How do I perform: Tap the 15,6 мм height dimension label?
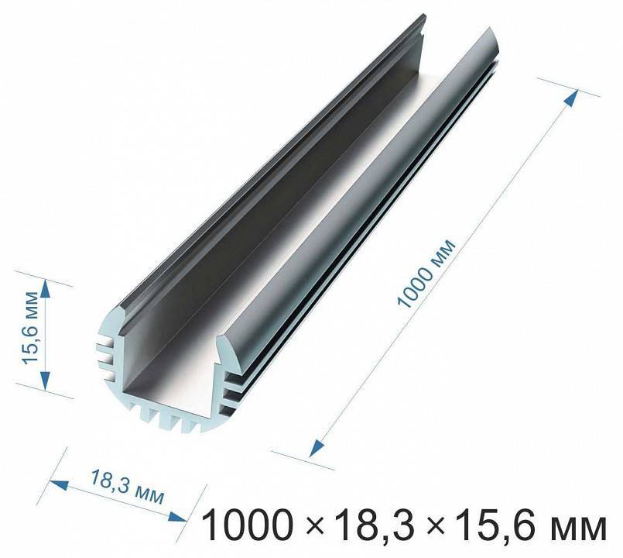click(x=30, y=328)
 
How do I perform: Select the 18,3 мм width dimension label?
click(x=127, y=487)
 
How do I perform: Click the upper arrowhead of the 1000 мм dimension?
click(x=572, y=98)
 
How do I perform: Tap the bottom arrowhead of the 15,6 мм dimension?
click(x=46, y=381)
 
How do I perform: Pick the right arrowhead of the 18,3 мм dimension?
click(x=177, y=517)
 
